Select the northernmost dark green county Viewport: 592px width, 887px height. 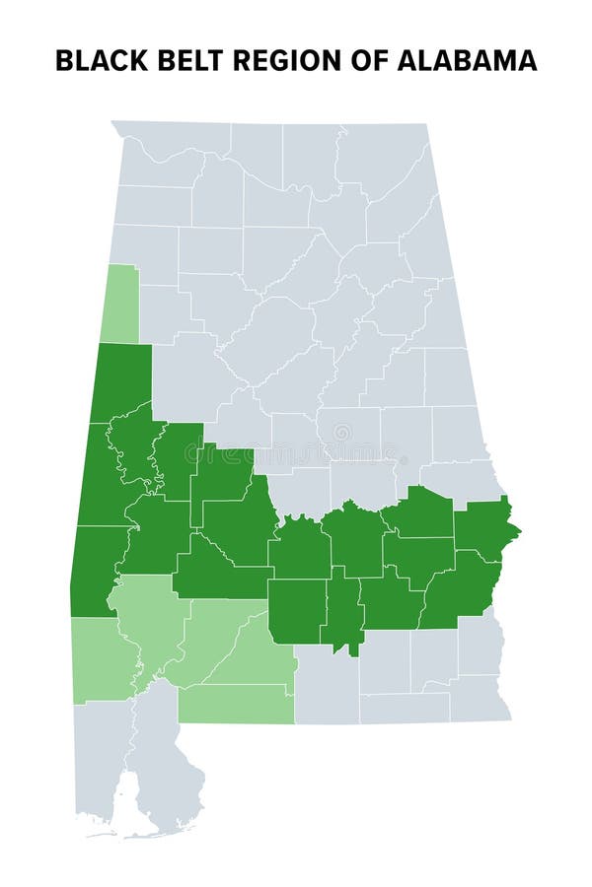pyautogui.click(x=123, y=379)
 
